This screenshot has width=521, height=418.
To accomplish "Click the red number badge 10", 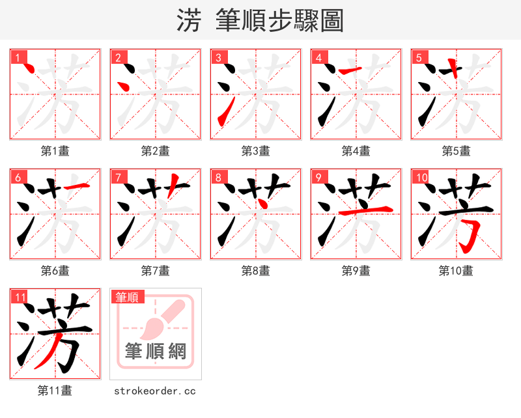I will click(x=421, y=177).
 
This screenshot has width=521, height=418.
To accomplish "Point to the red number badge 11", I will click(x=20, y=297).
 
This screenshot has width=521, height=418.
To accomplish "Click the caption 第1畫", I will click(x=55, y=151).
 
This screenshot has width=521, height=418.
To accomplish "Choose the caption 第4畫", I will click(x=356, y=151).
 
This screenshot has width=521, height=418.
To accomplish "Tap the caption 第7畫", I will click(x=156, y=271).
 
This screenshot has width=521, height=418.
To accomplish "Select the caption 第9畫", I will click(x=356, y=271).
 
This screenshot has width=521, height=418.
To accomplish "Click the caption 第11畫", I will click(x=55, y=391).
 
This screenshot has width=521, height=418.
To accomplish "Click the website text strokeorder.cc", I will click(x=155, y=391).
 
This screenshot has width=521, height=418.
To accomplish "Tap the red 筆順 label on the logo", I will click(x=126, y=297).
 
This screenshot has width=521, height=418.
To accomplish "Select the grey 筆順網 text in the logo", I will click(x=156, y=352).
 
